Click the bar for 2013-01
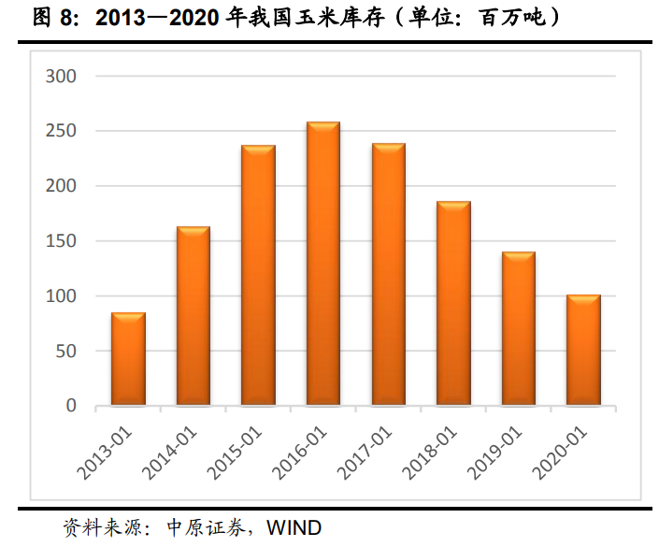coord(128,360)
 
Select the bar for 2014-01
coord(193,317)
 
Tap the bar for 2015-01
coord(258,277)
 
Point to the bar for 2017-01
coord(388,276)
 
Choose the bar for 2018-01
coord(453,305)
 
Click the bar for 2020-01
coord(583,352)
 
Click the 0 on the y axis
coord(71,407)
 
